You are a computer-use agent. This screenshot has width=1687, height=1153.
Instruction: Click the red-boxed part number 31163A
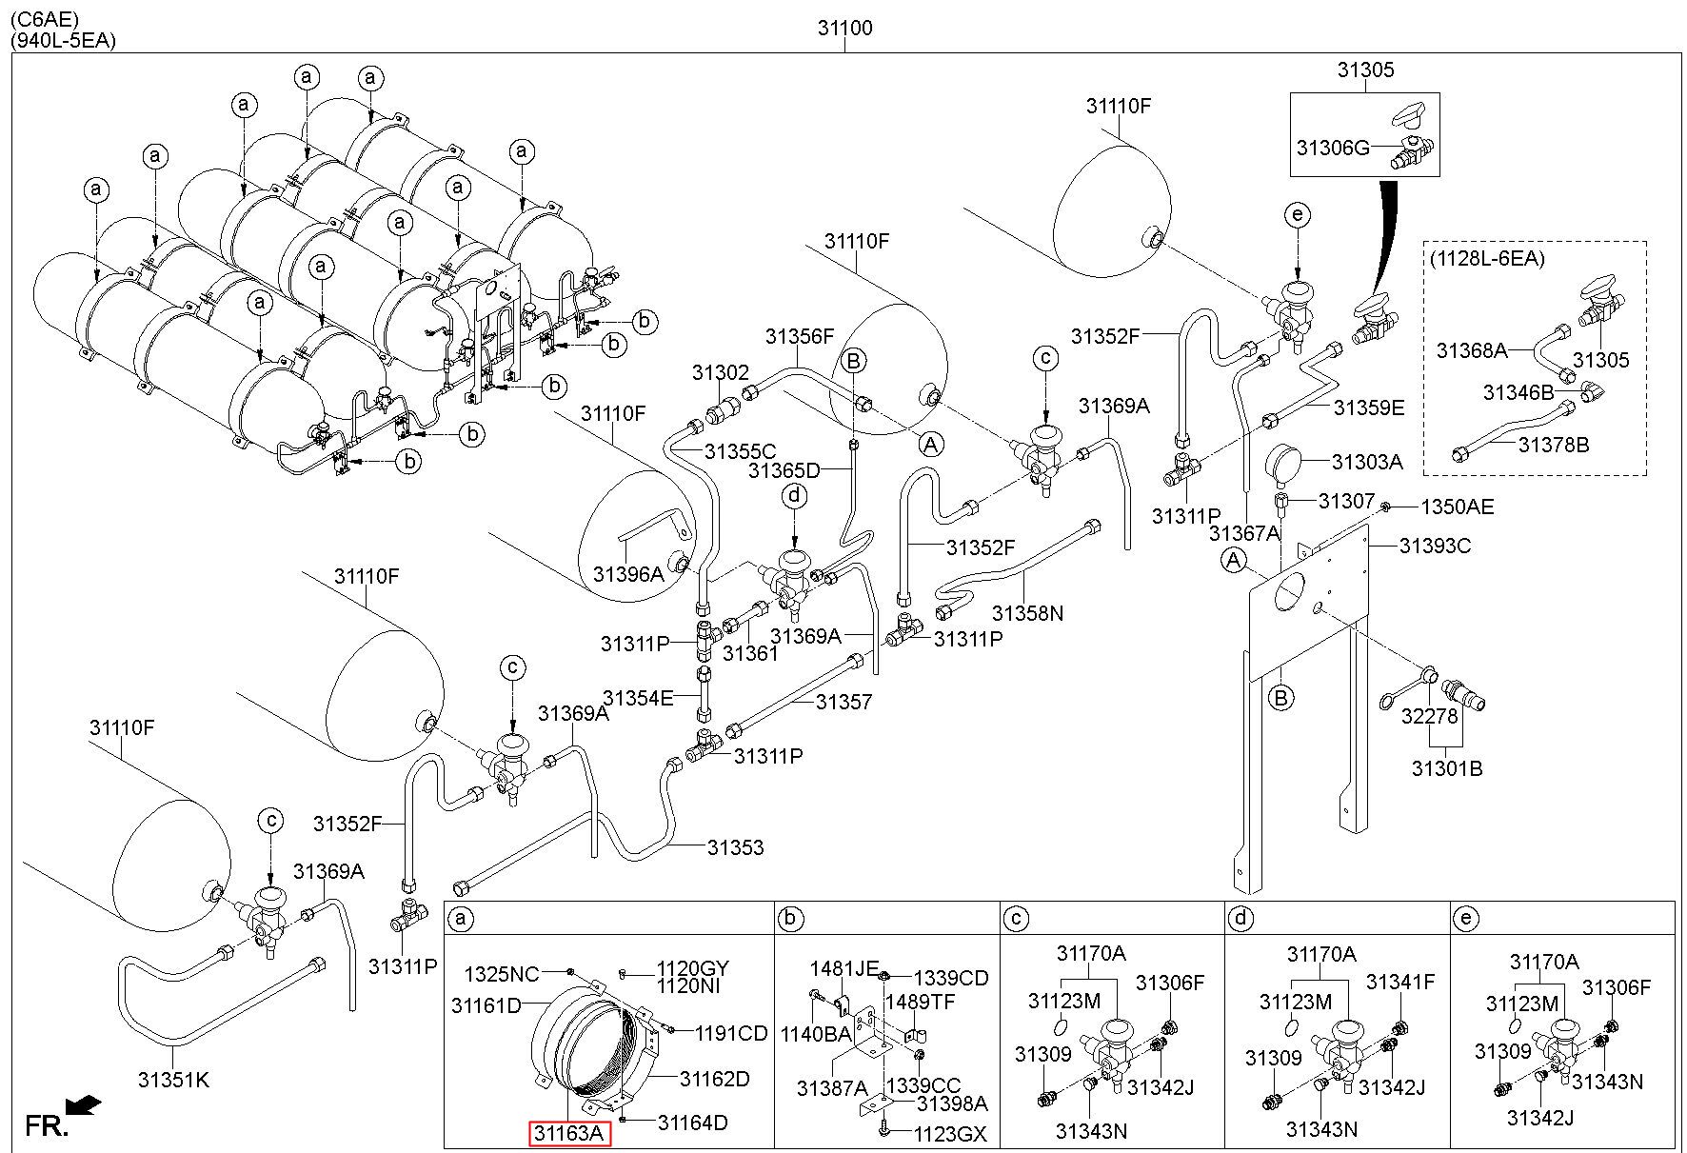[x=570, y=1134]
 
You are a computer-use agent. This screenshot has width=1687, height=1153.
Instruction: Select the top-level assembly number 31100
[x=844, y=29]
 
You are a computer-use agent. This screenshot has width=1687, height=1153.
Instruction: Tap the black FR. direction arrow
[x=87, y=1104]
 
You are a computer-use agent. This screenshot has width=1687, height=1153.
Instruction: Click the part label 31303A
[x=1367, y=463]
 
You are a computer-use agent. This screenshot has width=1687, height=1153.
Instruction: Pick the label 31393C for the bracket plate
[x=1436, y=546]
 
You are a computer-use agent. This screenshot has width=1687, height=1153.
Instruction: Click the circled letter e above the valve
[x=1297, y=214]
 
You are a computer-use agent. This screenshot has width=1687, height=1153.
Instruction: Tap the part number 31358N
[x=1027, y=613]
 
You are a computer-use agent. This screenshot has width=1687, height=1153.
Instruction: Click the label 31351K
[x=173, y=1080]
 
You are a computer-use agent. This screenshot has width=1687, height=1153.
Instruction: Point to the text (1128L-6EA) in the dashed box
[x=1487, y=258]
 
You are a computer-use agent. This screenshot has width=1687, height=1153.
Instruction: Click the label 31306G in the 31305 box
[x=1333, y=148]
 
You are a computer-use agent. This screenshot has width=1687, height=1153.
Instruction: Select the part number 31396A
[x=628, y=574]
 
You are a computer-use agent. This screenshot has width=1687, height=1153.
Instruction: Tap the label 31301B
[x=1447, y=768]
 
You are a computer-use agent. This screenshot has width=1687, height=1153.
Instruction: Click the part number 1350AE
[x=1457, y=507]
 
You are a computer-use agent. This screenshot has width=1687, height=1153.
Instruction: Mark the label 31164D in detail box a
[x=693, y=1123]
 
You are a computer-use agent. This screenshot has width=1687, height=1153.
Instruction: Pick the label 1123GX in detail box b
[x=950, y=1134]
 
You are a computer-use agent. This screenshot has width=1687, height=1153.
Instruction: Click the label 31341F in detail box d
[x=1400, y=982]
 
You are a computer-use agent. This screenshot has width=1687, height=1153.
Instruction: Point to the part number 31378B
[x=1554, y=445]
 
